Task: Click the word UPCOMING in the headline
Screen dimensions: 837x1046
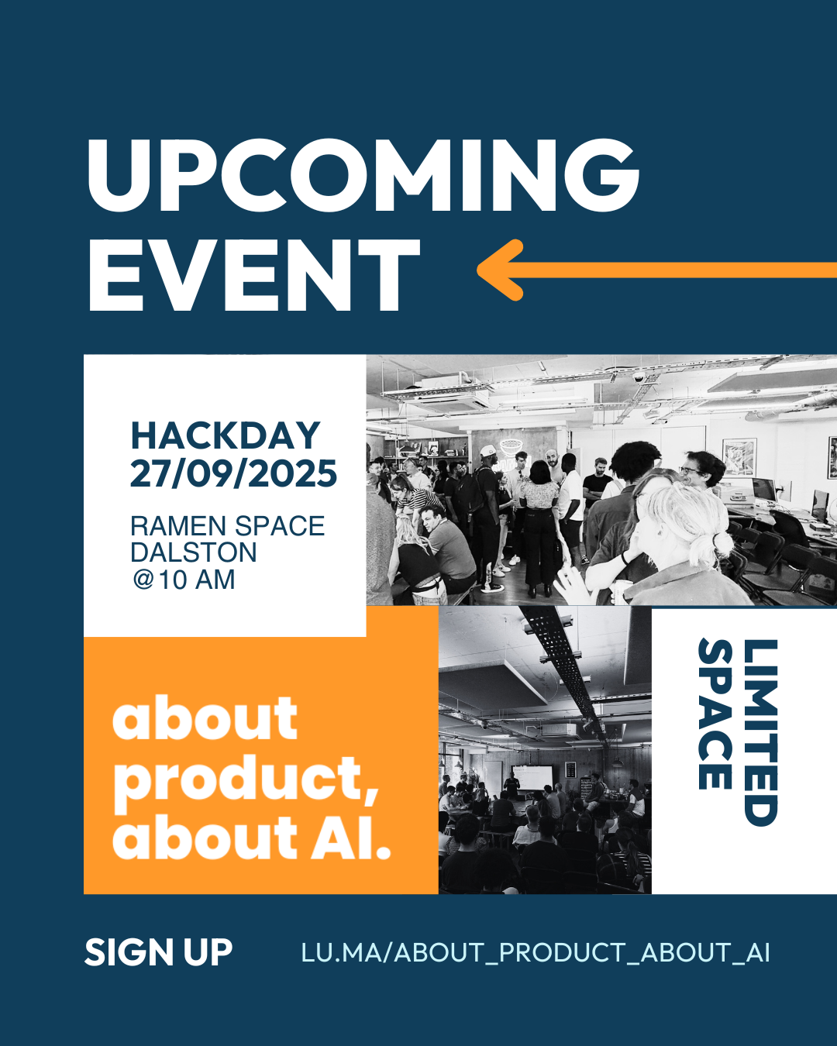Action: click(363, 176)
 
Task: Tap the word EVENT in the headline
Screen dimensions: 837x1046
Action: click(253, 274)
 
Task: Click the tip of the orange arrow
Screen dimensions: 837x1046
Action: click(478, 270)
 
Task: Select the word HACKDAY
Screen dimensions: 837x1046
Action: click(226, 435)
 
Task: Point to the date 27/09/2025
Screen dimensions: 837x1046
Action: click(233, 474)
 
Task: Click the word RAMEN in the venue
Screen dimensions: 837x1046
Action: click(178, 526)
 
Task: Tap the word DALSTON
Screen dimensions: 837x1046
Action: click(194, 552)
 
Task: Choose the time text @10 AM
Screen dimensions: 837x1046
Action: click(184, 580)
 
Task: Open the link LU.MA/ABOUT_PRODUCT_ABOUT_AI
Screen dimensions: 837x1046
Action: click(536, 952)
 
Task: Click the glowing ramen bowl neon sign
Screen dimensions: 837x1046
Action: click(508, 447)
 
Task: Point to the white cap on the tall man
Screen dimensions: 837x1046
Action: click(487, 451)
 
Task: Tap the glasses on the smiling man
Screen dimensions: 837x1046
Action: click(690, 470)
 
